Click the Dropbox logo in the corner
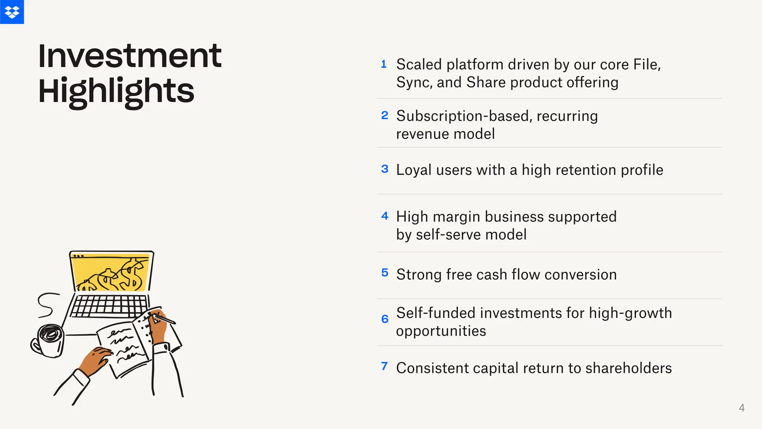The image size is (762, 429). [12, 12]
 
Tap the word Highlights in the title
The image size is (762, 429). [116, 91]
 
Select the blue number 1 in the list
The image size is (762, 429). [384, 64]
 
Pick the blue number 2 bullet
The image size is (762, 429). [385, 115]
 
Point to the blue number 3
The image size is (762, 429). [385, 169]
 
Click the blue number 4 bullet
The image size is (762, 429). [385, 216]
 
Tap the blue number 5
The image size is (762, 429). [385, 273]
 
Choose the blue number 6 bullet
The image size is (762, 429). [385, 319]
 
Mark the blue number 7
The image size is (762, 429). [385, 366]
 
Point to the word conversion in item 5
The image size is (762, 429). [580, 275]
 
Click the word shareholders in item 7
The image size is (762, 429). [628, 368]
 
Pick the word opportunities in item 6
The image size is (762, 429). [441, 331]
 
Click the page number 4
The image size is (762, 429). [742, 408]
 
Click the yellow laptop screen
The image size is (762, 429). [112, 272]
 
